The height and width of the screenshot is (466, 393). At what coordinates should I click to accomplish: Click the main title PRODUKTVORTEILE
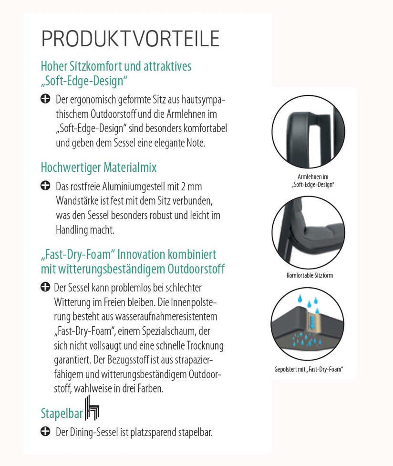[130, 39]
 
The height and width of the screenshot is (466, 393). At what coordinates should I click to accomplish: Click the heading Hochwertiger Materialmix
[99, 167]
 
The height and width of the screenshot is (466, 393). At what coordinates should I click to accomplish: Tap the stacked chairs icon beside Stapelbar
[93, 408]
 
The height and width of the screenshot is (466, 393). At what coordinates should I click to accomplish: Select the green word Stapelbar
[62, 413]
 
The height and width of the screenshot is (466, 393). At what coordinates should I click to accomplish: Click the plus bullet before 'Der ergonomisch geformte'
[45, 99]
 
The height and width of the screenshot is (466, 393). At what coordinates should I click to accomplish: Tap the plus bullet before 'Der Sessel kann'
[45, 287]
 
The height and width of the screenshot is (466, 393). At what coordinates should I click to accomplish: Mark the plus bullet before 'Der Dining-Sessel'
[45, 432]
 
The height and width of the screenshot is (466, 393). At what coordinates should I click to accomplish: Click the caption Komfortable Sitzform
[310, 275]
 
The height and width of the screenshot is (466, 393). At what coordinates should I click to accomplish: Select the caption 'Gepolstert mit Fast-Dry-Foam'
[309, 369]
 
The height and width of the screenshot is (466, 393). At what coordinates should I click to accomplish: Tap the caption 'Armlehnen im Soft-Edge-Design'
[312, 180]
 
